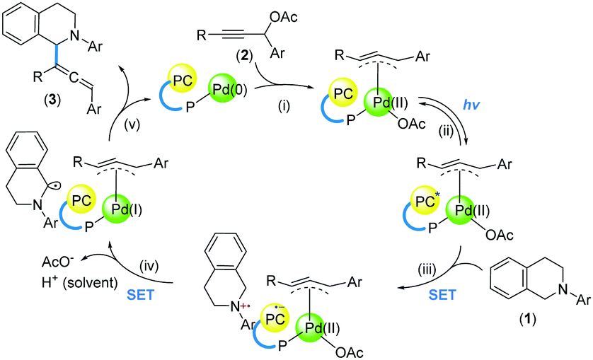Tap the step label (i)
click(x=283, y=106)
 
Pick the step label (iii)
click(x=427, y=269)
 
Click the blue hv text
click(x=471, y=105)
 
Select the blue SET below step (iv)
click(x=141, y=295)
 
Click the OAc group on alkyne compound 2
click(x=283, y=17)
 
